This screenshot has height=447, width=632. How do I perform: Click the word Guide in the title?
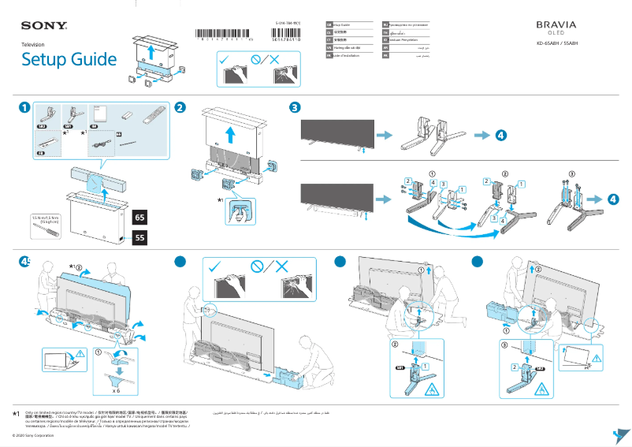91,60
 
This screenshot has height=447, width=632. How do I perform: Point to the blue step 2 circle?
180,108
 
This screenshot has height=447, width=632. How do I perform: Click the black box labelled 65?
139,217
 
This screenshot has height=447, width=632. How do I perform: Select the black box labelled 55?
139,237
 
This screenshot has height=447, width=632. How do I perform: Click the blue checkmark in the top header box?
226,60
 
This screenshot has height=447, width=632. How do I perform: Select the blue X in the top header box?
274,60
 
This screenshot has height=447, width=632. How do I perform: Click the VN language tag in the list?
329,47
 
